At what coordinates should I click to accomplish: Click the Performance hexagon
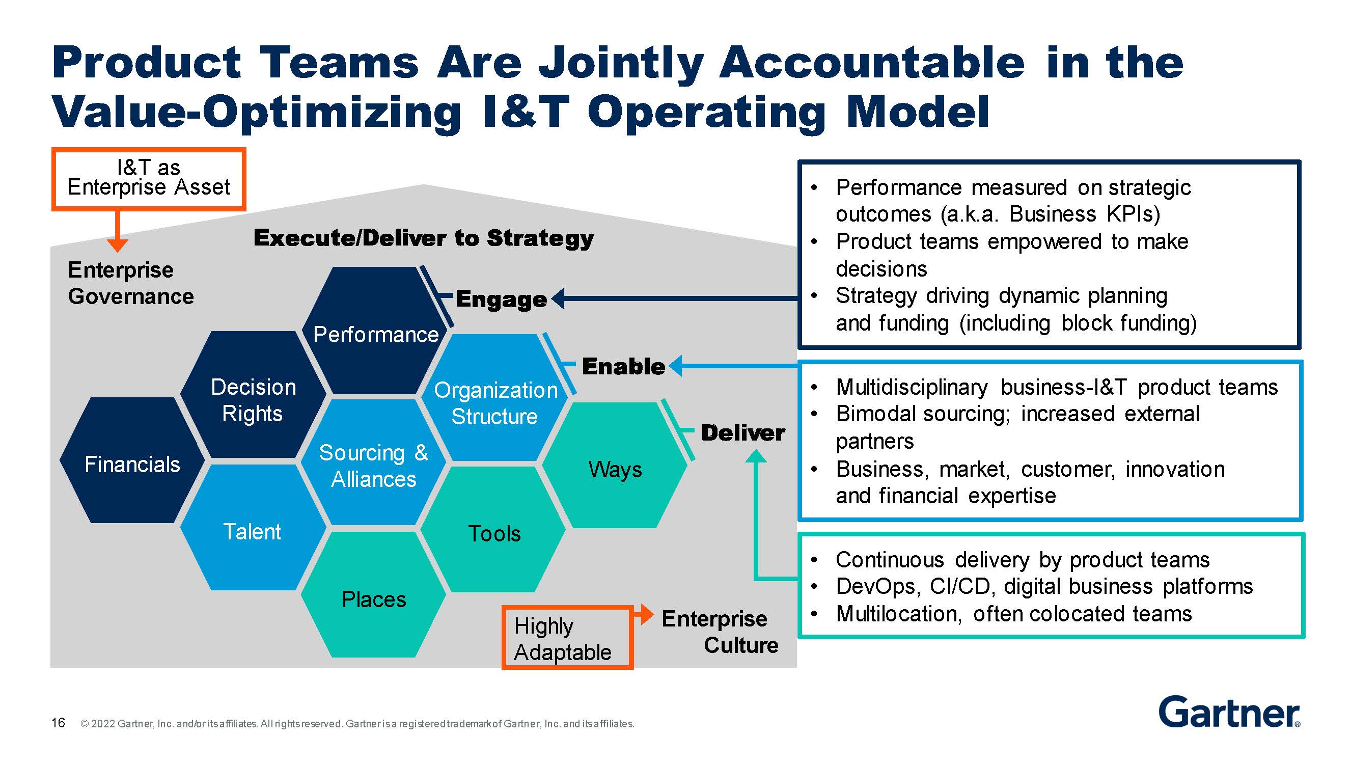[375, 331]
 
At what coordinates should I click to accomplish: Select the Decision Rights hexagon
[253, 399]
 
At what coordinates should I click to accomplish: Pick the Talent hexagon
[252, 530]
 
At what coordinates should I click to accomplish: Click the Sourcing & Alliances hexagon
[373, 465]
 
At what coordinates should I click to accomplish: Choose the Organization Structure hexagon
[495, 402]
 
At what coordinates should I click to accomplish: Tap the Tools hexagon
[494, 532]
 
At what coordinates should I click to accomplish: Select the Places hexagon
[373, 598]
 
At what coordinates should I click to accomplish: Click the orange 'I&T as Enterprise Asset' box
[148, 178]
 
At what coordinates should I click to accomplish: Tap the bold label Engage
[501, 299]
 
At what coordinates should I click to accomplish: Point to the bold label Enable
[623, 366]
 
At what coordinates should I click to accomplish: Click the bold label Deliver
[742, 433]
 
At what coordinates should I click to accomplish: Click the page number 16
[58, 723]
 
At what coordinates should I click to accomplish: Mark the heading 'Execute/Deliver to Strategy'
[424, 238]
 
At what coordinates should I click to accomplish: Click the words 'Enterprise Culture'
[720, 632]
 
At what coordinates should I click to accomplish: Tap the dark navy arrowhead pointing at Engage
[558, 298]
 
